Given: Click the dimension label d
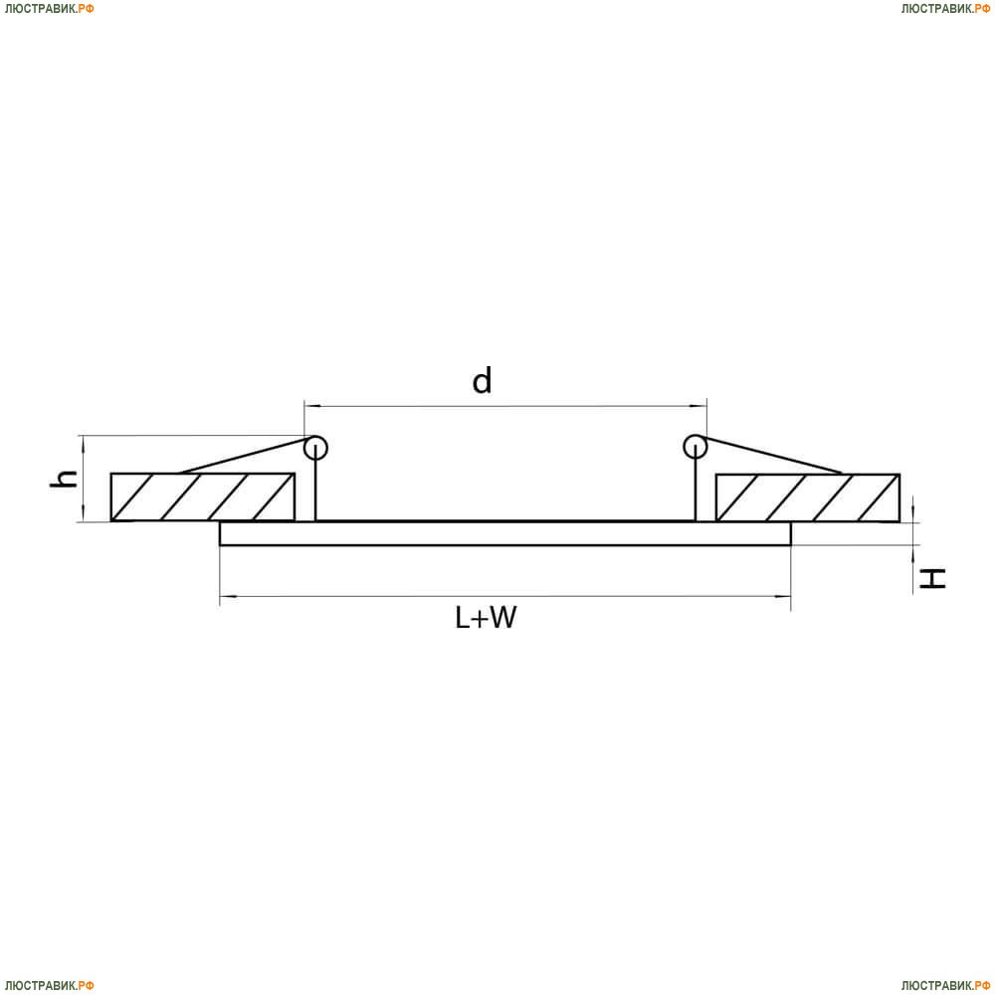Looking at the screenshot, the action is click(483, 380).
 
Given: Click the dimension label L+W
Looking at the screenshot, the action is click(486, 617).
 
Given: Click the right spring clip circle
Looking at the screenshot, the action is click(696, 437).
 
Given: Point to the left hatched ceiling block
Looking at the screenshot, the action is click(202, 497).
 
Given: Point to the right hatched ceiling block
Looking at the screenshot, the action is click(807, 497).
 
